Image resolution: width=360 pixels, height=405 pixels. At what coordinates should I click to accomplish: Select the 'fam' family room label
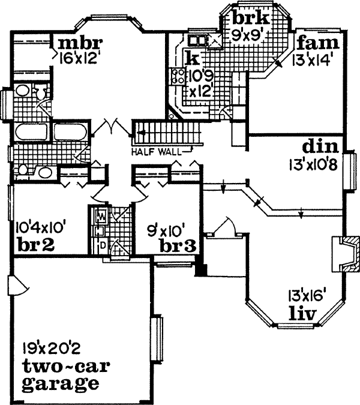[317, 44]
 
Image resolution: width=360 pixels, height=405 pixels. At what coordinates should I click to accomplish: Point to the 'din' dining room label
[320, 147]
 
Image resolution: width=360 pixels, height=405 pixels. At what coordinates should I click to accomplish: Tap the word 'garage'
[60, 382]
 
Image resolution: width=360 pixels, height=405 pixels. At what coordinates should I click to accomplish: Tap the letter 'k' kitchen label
[192, 58]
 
